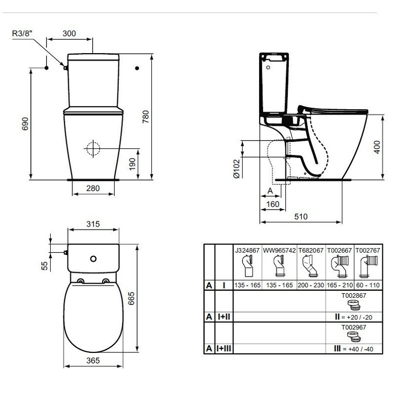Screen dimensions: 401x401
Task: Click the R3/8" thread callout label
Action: [x=23, y=33]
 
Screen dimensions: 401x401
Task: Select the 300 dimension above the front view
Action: [x=69, y=34]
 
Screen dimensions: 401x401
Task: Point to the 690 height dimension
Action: [x=25, y=124]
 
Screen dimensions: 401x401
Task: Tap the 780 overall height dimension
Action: [x=145, y=117]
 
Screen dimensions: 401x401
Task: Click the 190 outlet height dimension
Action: [x=132, y=164]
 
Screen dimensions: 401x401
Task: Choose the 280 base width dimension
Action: [x=93, y=188]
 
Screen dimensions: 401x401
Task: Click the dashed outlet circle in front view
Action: [x=93, y=148]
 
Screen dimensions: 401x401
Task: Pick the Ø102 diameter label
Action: [x=237, y=168]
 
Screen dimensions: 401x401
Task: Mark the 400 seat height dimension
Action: [x=377, y=147]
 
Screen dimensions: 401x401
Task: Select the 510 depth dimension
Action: [x=301, y=217]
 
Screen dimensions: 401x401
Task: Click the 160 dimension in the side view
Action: [x=273, y=205]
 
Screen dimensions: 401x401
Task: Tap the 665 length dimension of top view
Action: [x=131, y=298]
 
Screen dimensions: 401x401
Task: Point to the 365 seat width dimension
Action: [x=93, y=360]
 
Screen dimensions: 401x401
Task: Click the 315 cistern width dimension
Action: [x=93, y=224]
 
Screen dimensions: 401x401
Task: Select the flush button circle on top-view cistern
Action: [x=93, y=259]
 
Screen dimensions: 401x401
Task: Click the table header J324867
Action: [x=247, y=250]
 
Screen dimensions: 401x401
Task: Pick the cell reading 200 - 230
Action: [x=311, y=285]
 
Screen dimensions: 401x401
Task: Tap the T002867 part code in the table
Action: [x=354, y=296]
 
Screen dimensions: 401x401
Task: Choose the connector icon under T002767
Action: [x=368, y=266]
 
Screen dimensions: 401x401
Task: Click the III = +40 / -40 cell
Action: [x=354, y=349]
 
